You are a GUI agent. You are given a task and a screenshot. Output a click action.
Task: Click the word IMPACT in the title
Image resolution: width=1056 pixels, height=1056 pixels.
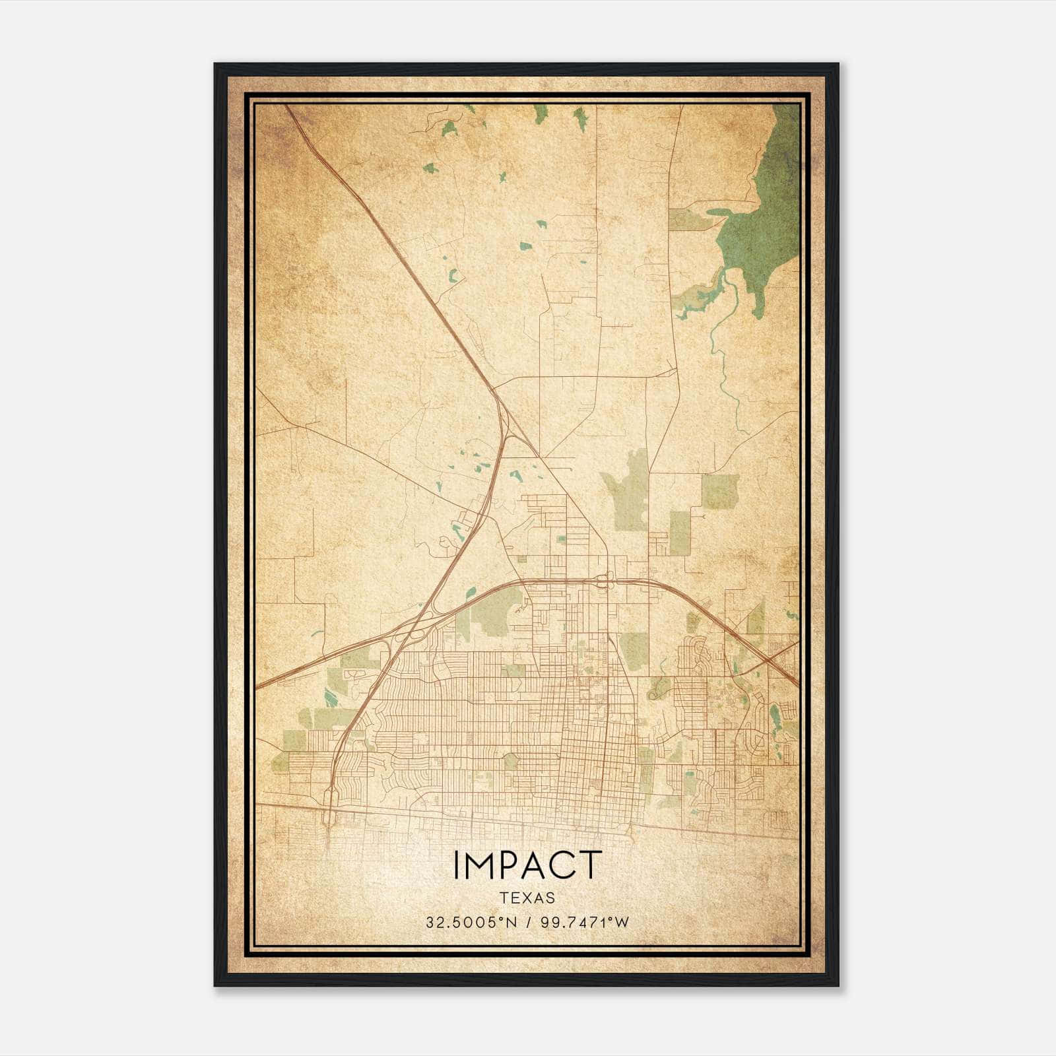point(527,865)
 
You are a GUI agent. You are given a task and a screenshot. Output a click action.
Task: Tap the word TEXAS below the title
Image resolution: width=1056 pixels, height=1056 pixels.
point(527,898)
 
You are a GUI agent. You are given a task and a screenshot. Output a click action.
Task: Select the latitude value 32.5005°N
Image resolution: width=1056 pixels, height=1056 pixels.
point(471,922)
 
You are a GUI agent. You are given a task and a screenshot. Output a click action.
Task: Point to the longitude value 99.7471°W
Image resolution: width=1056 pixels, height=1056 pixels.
point(585,922)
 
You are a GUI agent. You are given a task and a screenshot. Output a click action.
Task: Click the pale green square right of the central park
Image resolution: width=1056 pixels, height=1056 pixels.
point(719,492)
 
